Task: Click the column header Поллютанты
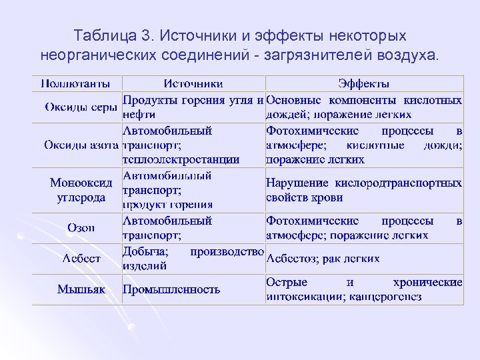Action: coord(77,84)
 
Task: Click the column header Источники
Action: coord(193,84)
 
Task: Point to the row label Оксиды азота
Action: coord(77,145)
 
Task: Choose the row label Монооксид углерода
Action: coord(77,190)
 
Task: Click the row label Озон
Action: coord(81,227)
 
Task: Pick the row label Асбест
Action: coord(81,259)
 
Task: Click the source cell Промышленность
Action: coord(171,289)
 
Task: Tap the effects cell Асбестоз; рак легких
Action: coord(323,259)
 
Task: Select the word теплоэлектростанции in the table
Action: coord(181,160)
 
